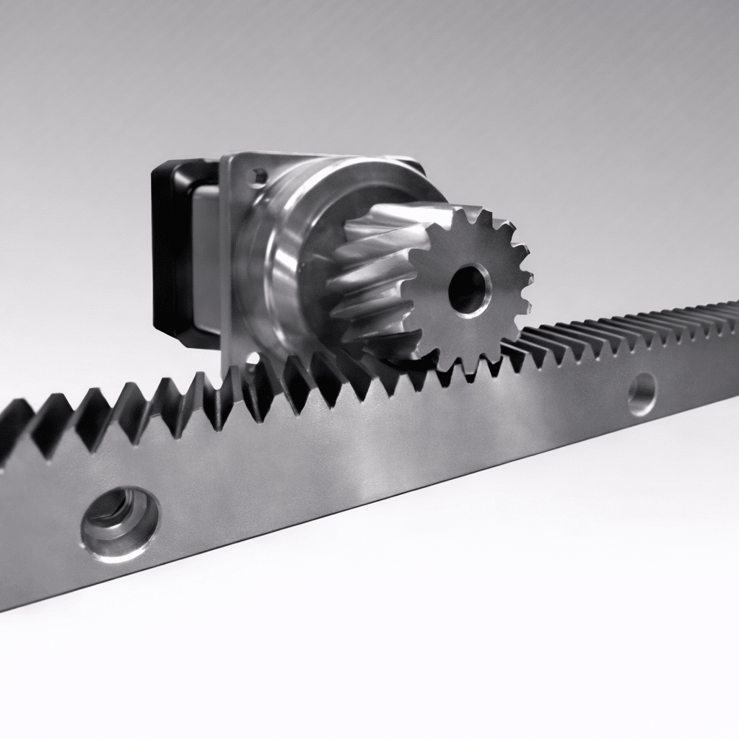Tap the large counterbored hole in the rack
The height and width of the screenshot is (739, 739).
120,522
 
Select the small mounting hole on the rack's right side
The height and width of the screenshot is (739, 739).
642,394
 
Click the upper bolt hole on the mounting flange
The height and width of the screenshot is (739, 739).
258,175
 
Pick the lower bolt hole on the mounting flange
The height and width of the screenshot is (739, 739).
252,359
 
